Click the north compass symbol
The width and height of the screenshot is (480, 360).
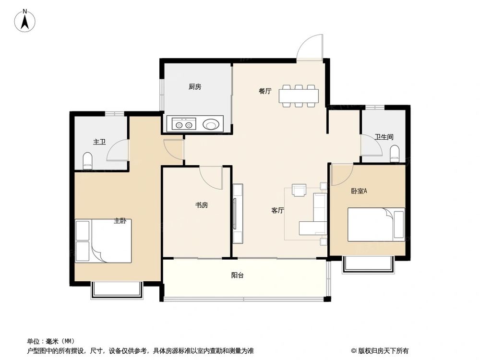pos(25,21)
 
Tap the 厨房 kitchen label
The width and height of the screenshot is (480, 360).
pos(194,87)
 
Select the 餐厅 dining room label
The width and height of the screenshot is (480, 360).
pos(265,91)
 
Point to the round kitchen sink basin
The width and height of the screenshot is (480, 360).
pos(212,124)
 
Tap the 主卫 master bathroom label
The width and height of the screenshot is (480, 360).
pos(99,142)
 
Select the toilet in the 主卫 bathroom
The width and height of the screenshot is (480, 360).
pos(87,161)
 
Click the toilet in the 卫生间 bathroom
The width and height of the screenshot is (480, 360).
pos(395,154)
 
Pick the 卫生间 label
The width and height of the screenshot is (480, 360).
pos(384,137)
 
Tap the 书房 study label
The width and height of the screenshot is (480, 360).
pos(202,205)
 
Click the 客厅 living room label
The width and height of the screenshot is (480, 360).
pos(278,210)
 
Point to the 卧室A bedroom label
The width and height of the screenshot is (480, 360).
pos(359,191)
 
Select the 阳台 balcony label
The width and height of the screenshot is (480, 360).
pos(237,276)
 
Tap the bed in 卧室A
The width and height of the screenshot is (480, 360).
pos(376,224)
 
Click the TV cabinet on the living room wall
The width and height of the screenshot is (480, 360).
pos(238,213)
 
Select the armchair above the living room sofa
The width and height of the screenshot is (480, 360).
pos(299,191)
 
